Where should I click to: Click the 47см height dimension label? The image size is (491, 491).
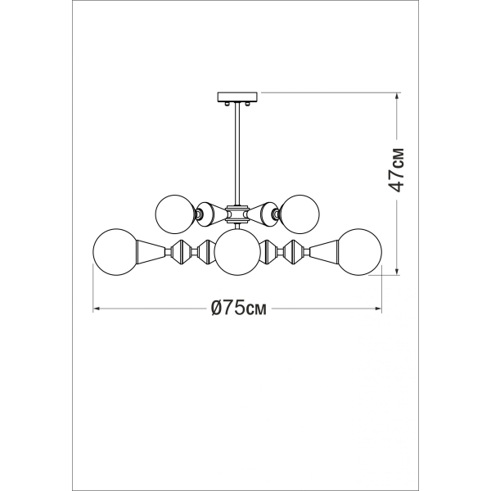tap(396, 169)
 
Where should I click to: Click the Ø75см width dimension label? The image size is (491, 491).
tap(239, 309)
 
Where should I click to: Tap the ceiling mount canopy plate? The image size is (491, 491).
tap(238, 97)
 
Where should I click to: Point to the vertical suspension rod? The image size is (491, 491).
tap(238, 154)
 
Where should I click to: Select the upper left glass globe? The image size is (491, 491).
tap(175, 214)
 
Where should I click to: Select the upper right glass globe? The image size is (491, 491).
tap(300, 214)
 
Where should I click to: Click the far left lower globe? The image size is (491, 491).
tap(116, 252)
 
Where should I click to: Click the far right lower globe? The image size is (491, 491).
tap(359, 252)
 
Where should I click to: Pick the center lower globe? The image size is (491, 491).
tap(237, 252)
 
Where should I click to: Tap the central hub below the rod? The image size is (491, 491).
tap(238, 214)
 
